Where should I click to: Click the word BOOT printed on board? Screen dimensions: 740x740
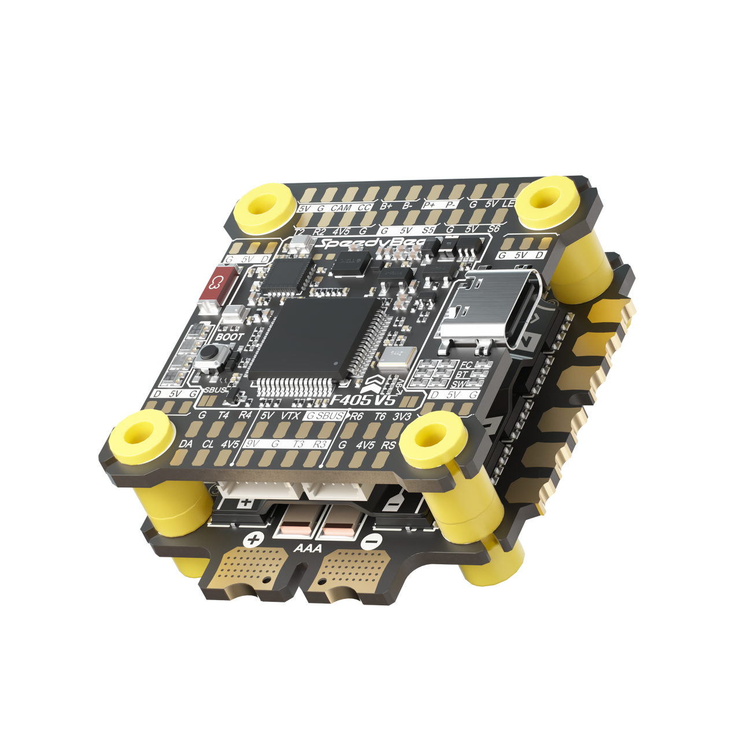[230, 336]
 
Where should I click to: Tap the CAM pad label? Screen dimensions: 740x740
[341, 208]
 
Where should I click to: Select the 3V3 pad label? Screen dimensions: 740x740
[402, 417]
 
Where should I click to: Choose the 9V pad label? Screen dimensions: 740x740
[252, 444]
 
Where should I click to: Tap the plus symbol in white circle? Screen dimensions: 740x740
[253, 541]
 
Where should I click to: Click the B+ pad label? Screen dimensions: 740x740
[386, 206]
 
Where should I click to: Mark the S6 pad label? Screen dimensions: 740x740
[493, 229]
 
